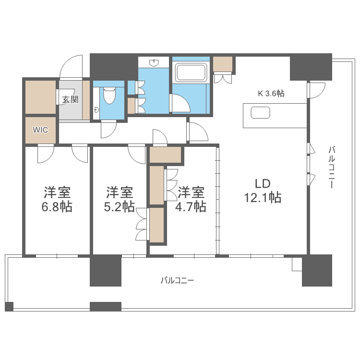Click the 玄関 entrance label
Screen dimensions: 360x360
[70, 100]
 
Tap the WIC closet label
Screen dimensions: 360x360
[40, 130]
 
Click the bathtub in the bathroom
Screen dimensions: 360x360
[191, 73]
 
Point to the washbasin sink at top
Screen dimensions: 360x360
[154, 62]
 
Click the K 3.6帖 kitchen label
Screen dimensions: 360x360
[271, 94]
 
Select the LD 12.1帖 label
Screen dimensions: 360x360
[263, 191]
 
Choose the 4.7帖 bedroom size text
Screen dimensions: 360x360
[192, 207]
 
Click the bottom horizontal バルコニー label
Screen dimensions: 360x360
[177, 280]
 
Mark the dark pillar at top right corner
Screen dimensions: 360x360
[311, 67]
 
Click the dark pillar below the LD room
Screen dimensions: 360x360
[317, 270]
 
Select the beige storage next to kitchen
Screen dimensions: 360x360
[223, 64]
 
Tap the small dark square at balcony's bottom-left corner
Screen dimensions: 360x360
[9, 306]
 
